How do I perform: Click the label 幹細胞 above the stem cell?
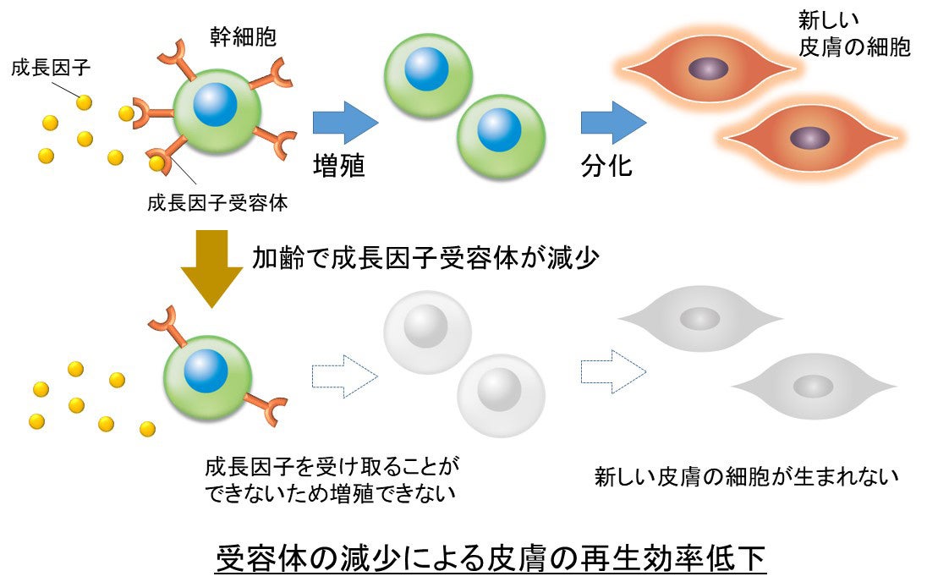(x=244, y=36)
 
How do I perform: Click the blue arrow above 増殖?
(x=344, y=123)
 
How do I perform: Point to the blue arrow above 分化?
(x=612, y=123)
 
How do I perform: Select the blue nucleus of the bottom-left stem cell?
(x=206, y=371)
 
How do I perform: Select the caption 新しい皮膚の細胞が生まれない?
(x=745, y=477)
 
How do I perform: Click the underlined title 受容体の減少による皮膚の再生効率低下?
(x=491, y=558)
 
